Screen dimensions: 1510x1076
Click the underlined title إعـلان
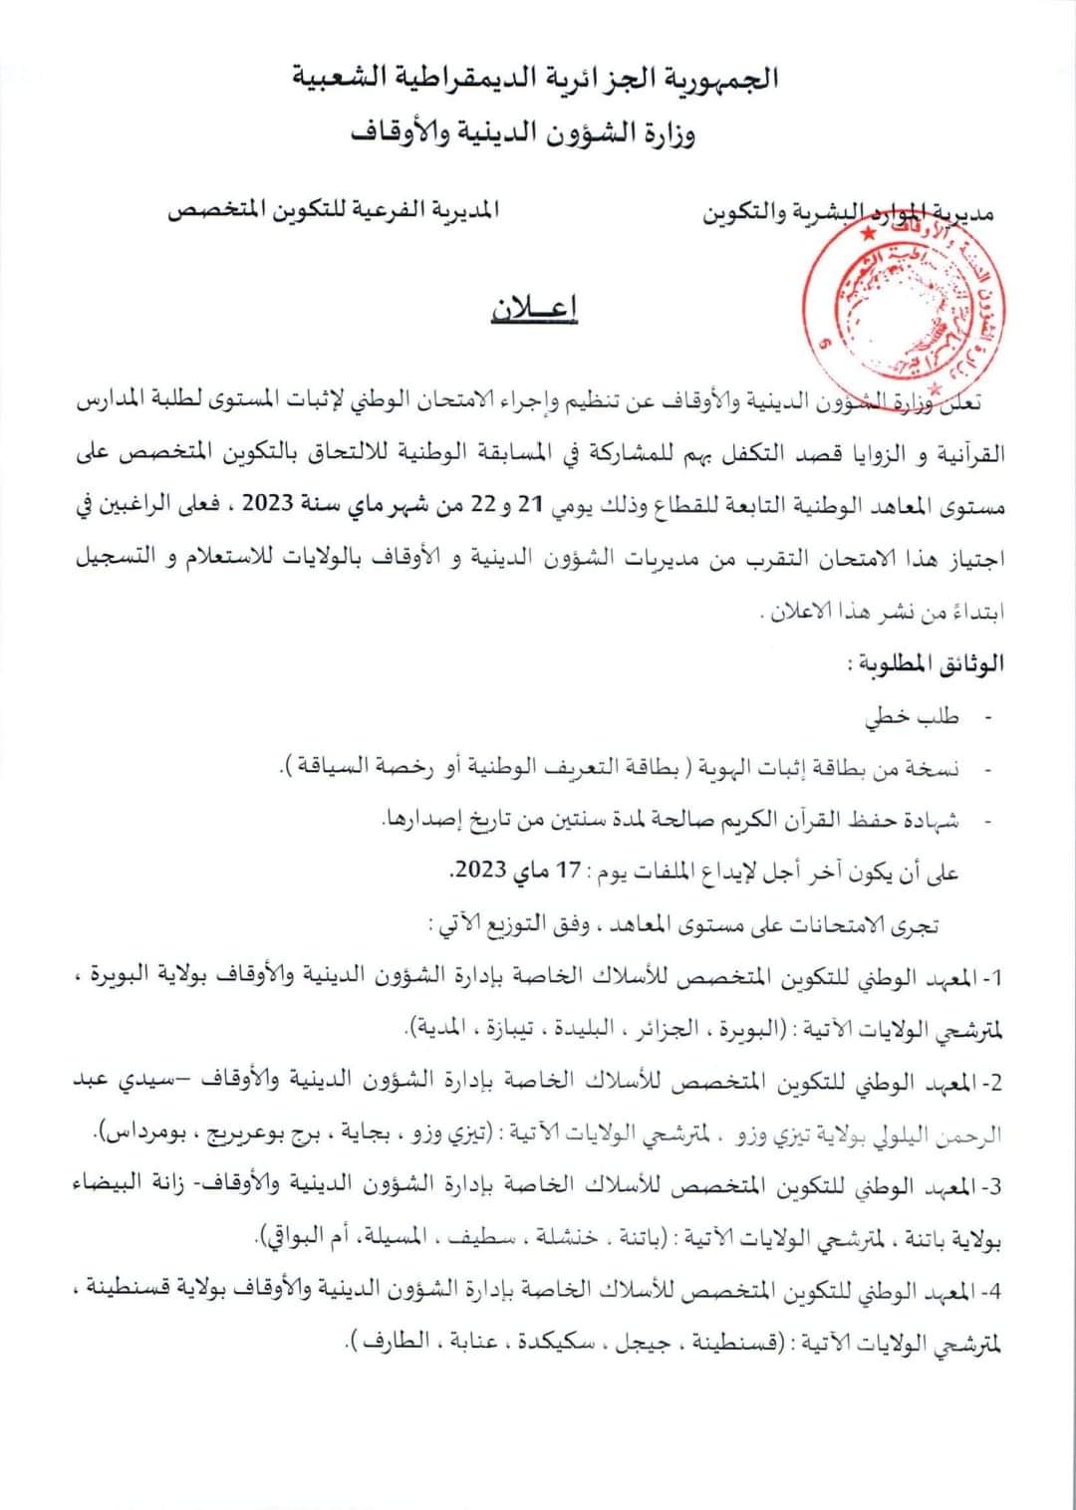(x=535, y=311)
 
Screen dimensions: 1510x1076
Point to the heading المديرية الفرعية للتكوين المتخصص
(x=336, y=212)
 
